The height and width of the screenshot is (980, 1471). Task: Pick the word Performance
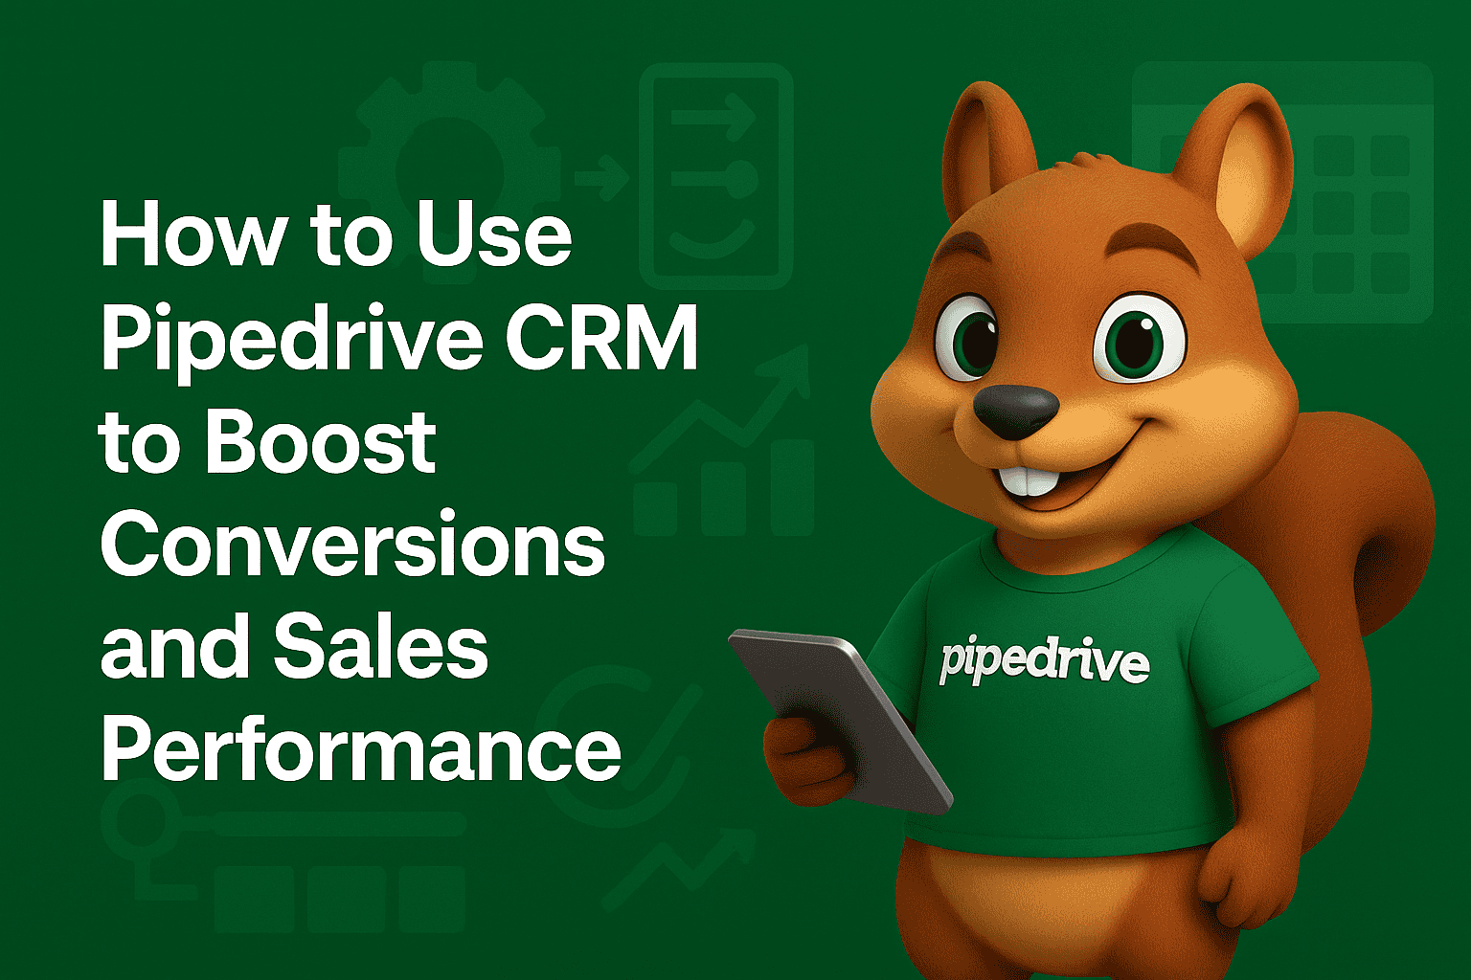pyautogui.click(x=361, y=750)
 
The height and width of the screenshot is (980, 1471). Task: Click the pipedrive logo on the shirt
pyautogui.click(x=1044, y=660)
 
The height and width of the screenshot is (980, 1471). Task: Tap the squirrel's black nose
pyautogui.click(x=1015, y=410)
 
